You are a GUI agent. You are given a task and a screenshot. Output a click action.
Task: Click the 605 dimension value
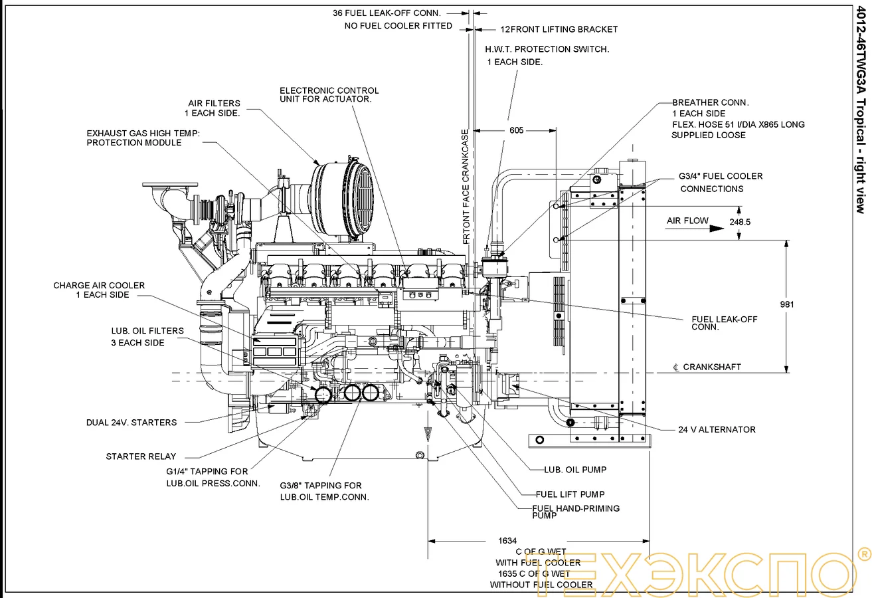[516, 130]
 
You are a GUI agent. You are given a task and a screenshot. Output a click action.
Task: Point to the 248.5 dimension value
[739, 222]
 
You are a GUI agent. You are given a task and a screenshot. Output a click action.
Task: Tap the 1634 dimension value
[507, 541]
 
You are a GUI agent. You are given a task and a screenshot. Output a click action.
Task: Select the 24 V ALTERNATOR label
[717, 430]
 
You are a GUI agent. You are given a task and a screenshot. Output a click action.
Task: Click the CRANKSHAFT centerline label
[707, 367]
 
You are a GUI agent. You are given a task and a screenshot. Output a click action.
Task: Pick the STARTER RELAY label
[141, 456]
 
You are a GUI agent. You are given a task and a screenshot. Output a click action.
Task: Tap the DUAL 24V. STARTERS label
[131, 423]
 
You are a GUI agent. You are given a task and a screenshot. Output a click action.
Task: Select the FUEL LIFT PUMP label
[570, 494]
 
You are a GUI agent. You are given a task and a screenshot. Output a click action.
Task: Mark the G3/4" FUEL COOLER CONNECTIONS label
[720, 182]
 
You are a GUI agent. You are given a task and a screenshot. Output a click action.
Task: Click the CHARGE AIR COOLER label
[99, 290]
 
